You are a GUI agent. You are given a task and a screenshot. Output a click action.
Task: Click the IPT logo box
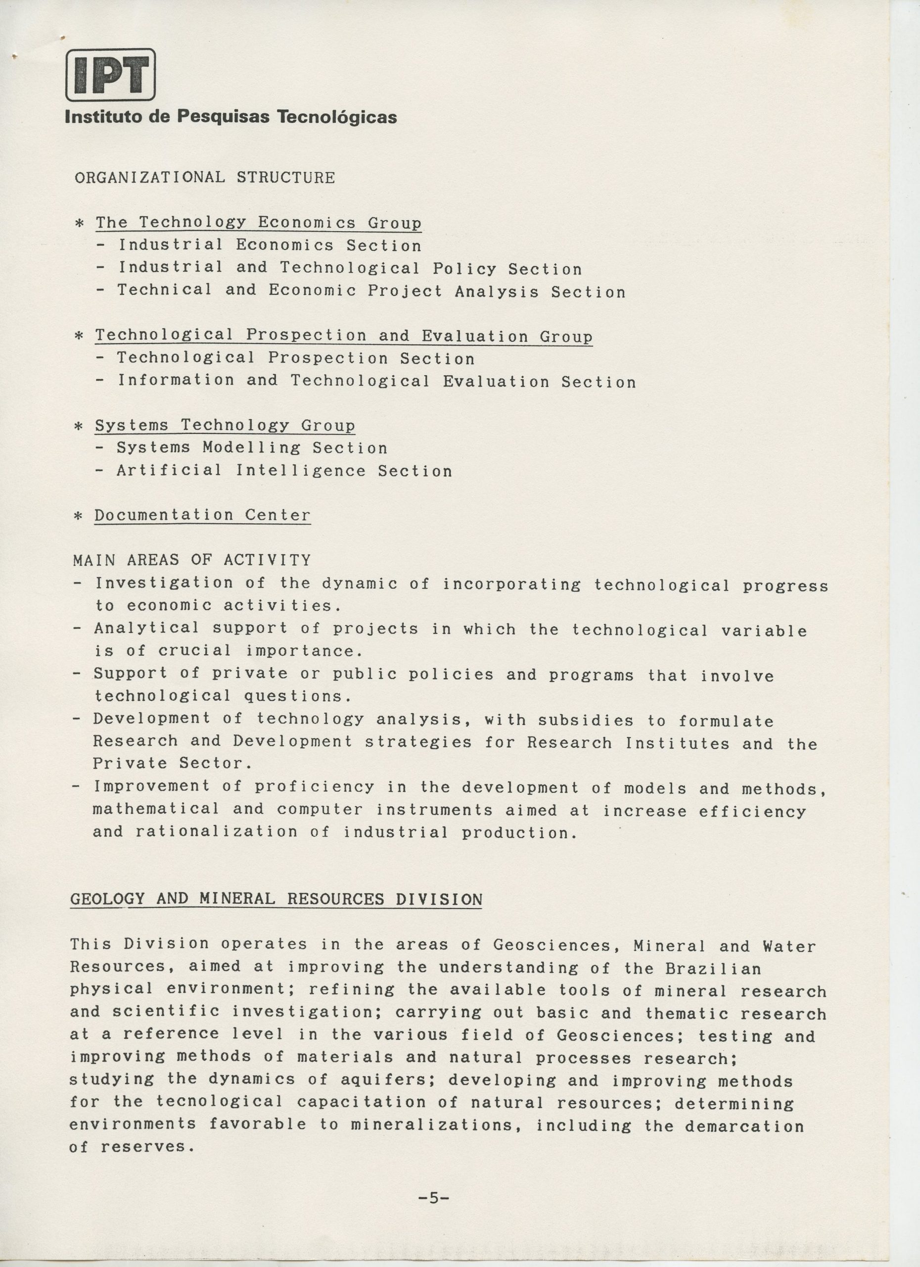coord(110,74)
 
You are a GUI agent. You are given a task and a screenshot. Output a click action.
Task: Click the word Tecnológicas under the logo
coord(337,117)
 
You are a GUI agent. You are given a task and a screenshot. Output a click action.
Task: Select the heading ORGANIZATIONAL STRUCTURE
coord(205,178)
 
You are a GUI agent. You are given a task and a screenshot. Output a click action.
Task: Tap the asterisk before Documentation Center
coord(79,516)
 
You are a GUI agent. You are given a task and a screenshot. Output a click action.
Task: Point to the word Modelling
coord(251,448)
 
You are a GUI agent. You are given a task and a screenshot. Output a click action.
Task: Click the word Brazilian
coord(713,969)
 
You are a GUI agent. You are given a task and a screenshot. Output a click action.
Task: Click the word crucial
coord(194,651)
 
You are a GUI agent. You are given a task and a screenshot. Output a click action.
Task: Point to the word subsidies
coord(586,721)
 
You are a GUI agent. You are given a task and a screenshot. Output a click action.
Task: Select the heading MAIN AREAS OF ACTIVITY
coord(191,560)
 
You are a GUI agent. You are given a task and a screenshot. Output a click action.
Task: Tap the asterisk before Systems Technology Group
coord(79,426)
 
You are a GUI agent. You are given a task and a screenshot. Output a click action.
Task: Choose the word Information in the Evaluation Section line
coord(176,381)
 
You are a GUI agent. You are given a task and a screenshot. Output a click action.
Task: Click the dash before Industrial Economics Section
coord(100,245)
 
